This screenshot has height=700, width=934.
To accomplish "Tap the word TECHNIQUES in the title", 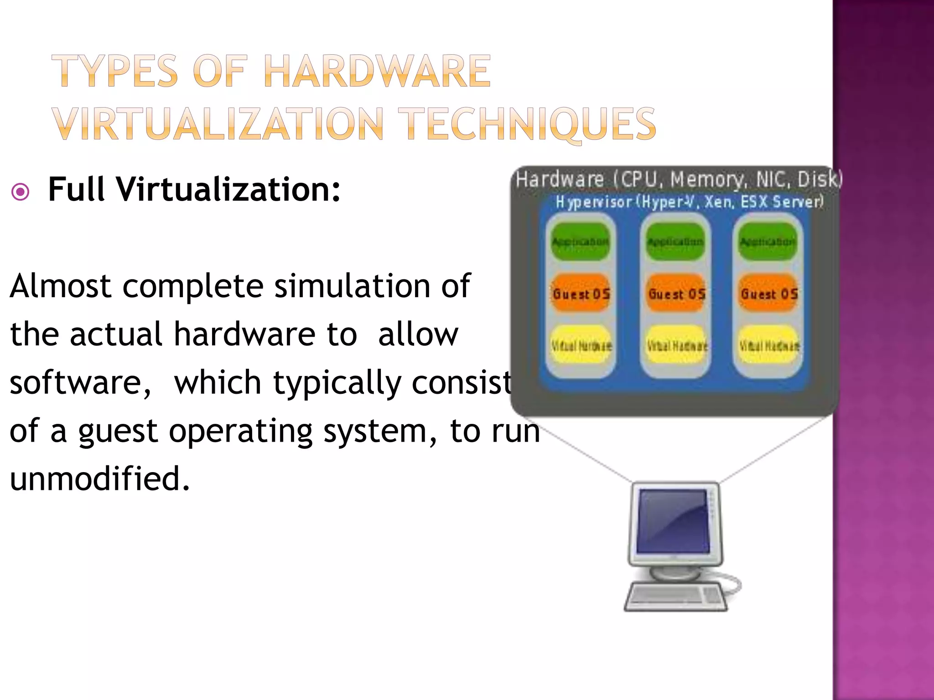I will point(529,124).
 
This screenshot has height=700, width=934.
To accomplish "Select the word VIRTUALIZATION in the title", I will point(218,124).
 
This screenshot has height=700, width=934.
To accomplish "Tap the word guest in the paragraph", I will point(118,431).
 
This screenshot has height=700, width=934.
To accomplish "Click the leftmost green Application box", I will point(580,242).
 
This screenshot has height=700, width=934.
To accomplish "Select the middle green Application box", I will point(675,242).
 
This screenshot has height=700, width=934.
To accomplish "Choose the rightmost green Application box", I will point(768,242).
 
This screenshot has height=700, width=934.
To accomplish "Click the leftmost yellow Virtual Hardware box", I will point(581,345).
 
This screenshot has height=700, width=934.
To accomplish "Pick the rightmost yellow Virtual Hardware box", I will point(769,345).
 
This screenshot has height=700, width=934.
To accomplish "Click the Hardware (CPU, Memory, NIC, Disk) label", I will point(679,179).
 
